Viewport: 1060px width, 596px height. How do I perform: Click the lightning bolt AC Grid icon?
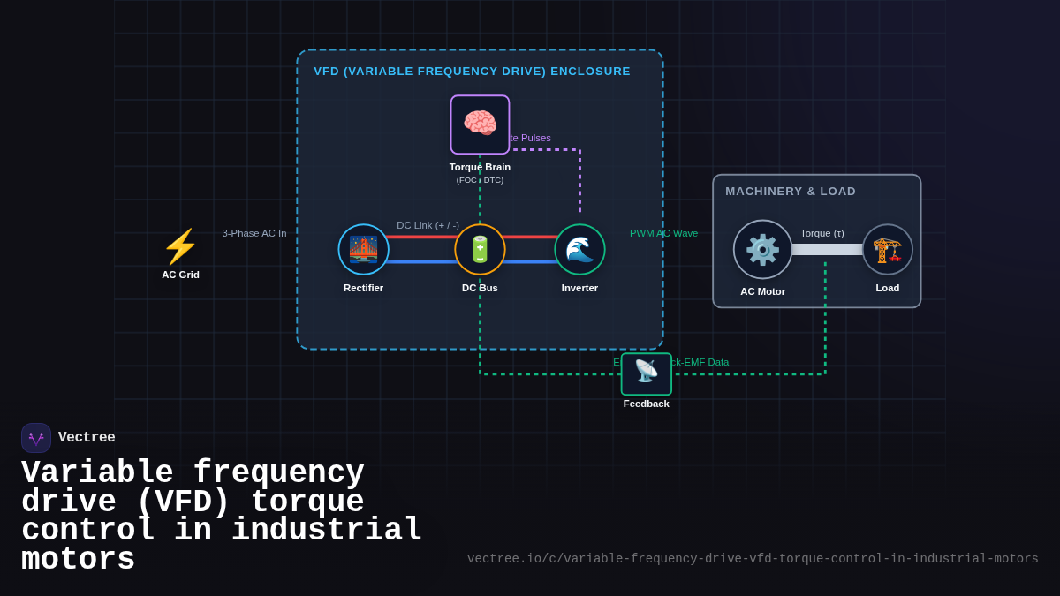tap(180, 246)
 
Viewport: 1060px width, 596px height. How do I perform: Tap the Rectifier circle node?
tap(363, 249)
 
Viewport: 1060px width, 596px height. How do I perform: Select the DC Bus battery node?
tap(480, 249)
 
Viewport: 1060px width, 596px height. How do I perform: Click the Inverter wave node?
tap(579, 249)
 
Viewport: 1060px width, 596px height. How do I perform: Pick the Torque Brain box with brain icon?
tap(480, 124)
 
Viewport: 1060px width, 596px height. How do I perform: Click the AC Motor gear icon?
tap(762, 249)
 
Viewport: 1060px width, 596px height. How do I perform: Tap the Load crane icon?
tap(887, 249)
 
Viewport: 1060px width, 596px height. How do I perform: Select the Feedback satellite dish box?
tap(646, 373)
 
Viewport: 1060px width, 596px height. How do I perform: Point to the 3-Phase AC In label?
tap(254, 233)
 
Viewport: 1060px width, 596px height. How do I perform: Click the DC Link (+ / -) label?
tap(428, 225)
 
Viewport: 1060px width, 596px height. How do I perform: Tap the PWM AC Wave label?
tap(663, 233)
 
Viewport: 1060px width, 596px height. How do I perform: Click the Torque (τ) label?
tap(821, 233)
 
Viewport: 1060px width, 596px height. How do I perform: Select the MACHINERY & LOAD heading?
tap(791, 191)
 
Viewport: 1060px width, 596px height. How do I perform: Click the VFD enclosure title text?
tap(472, 71)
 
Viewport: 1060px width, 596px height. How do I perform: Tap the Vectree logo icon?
tap(36, 438)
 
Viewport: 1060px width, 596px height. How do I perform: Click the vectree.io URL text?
tap(753, 558)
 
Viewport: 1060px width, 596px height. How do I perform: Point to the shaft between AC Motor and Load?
tap(827, 250)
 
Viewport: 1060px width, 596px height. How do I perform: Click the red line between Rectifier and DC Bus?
tap(421, 237)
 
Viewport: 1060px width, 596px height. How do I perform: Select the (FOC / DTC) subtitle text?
tap(480, 180)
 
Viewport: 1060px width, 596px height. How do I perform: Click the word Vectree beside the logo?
tap(87, 437)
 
